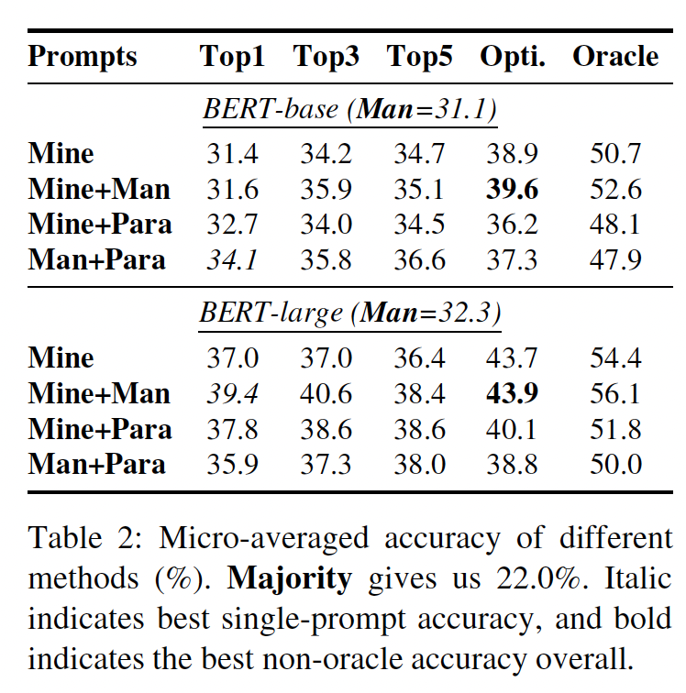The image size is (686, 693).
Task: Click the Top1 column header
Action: [232, 57]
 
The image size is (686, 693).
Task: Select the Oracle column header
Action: [615, 57]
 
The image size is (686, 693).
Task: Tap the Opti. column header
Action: [513, 57]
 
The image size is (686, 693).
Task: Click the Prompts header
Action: [83, 57]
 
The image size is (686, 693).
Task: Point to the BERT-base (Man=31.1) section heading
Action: [350, 110]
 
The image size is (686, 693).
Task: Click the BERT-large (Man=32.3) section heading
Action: [350, 313]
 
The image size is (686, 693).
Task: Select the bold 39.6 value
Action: [513, 189]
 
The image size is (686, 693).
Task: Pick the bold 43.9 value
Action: [513, 393]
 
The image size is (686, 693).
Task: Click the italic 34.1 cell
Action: [232, 259]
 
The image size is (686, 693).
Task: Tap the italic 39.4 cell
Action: [232, 393]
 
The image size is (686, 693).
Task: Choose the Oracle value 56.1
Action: [615, 393]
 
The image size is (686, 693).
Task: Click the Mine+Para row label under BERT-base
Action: [100, 224]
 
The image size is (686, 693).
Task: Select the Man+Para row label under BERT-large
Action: [97, 464]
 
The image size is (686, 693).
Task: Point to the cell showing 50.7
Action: [615, 154]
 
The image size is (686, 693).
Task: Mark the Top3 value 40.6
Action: [326, 393]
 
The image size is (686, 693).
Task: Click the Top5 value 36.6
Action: [419, 259]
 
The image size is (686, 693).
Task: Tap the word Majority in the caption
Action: [289, 578]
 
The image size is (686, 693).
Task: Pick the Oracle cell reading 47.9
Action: [615, 259]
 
